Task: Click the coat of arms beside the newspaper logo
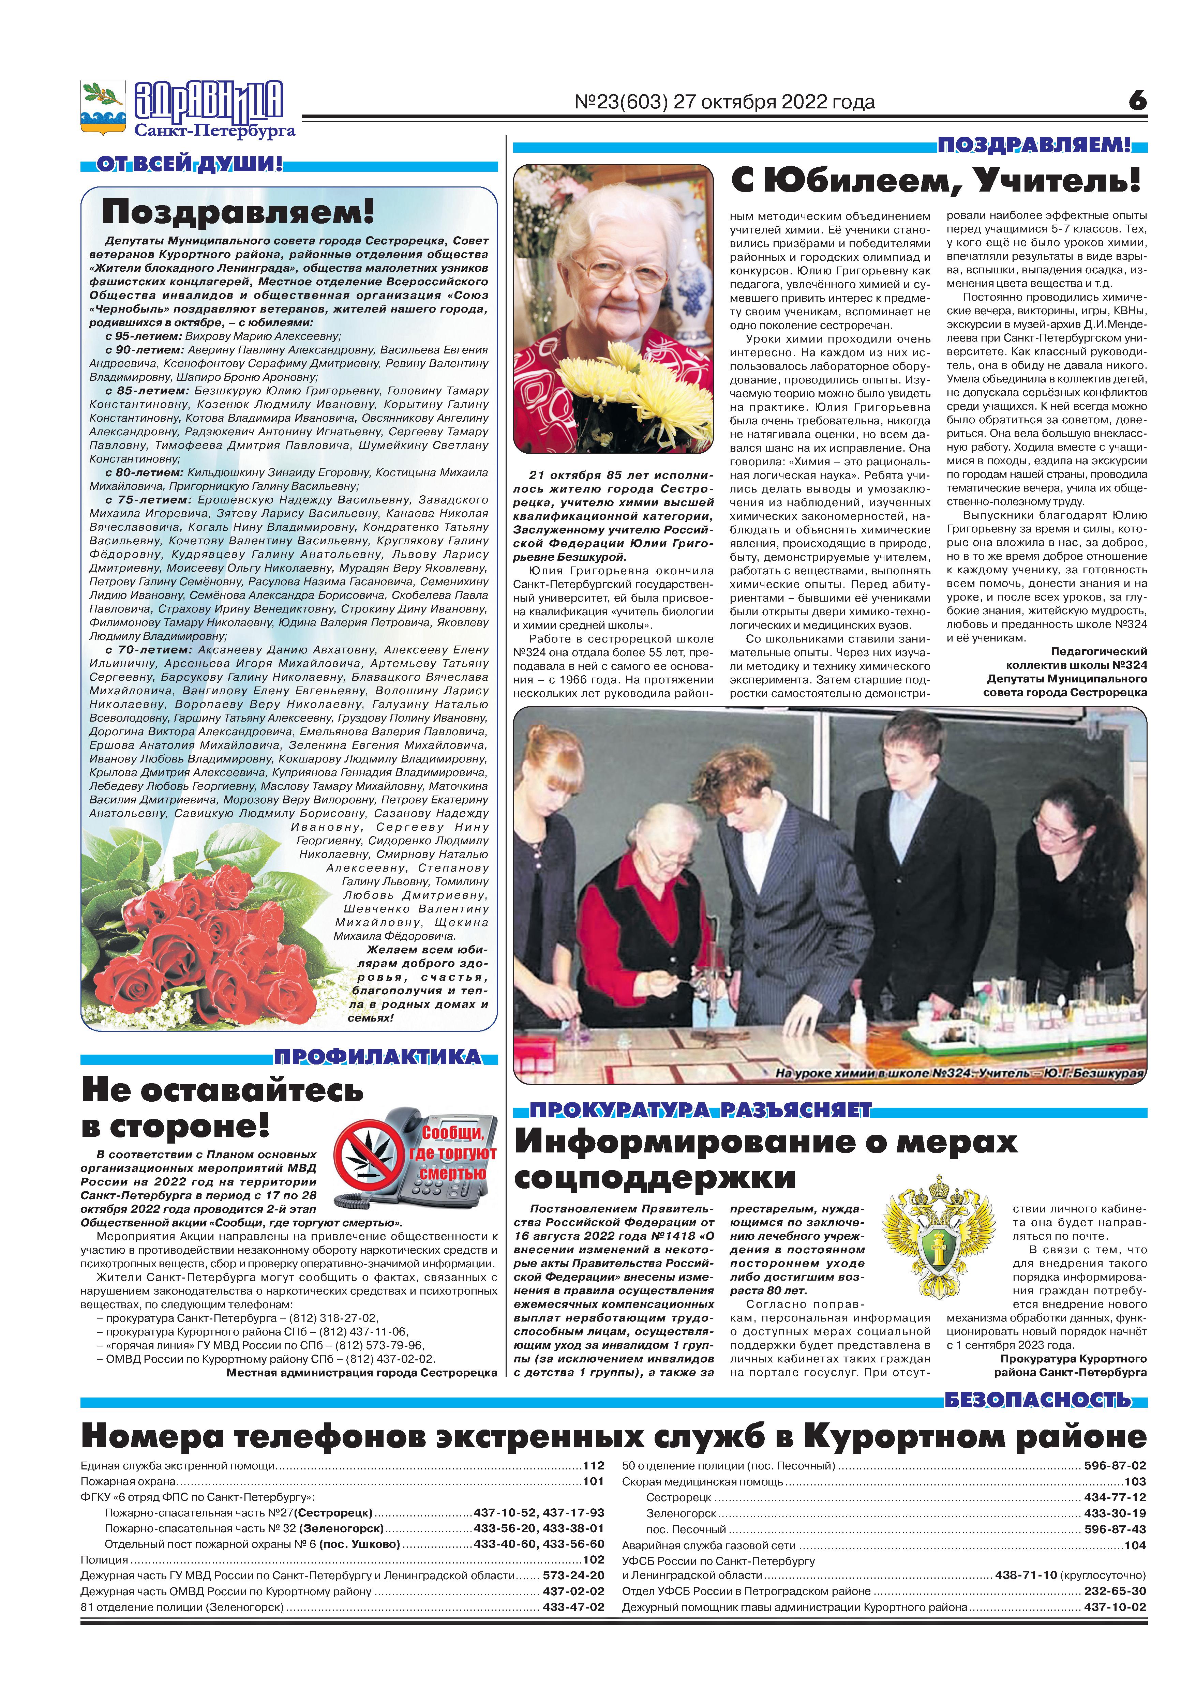click(x=102, y=107)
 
